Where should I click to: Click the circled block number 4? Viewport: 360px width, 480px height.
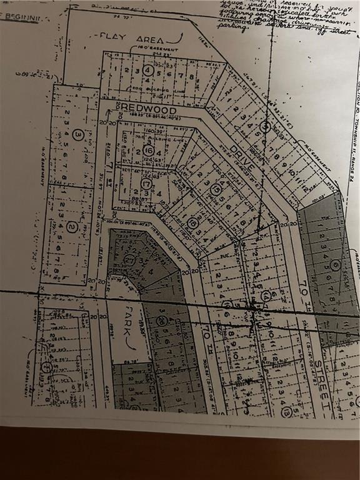(147, 70)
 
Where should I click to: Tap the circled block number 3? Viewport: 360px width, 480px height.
(77, 133)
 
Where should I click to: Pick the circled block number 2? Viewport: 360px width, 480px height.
(72, 227)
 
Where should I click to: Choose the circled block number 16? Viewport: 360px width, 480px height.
(148, 151)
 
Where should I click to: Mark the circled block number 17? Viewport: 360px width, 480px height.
(146, 184)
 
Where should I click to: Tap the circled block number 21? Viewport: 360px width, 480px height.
(129, 260)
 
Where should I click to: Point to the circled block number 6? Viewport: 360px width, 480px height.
(336, 265)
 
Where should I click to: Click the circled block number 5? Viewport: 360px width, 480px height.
(266, 127)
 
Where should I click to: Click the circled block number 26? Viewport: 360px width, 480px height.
(162, 321)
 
